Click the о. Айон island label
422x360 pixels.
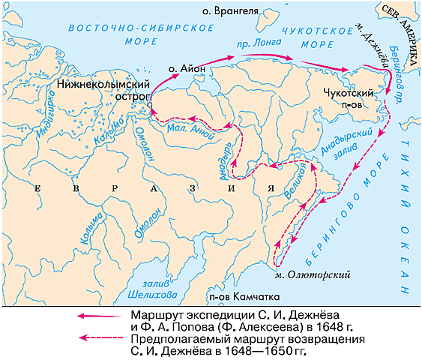[185, 68]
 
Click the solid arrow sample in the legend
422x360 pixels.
[100, 315]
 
